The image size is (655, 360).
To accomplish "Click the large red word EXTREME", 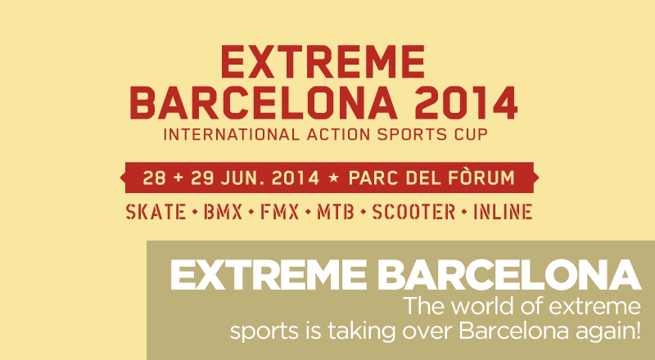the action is (323, 62).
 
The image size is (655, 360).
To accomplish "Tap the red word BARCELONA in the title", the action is (264, 103).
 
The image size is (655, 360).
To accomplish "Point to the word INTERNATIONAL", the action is (232, 134).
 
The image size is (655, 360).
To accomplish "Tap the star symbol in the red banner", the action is (334, 178).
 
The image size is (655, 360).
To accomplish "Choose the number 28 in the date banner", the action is (155, 178).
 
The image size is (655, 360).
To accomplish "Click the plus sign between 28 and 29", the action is (178, 178).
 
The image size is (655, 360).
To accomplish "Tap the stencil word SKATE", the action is (156, 212).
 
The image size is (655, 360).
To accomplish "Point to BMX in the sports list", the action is (223, 212).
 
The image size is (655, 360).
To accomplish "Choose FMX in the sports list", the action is (280, 212).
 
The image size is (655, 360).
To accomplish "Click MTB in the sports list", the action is (336, 212).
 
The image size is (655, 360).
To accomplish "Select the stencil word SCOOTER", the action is (413, 212).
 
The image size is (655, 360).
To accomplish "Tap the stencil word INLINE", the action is (503, 212).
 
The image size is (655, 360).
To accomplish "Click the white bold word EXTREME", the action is (268, 275).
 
